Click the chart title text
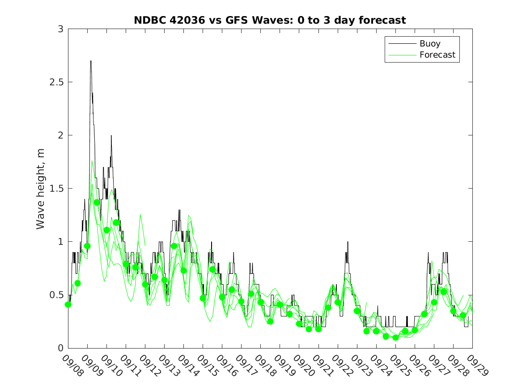coord(270,20)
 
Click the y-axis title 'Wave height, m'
coord(41,189)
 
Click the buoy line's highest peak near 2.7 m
coord(91,61)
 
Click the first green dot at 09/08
coord(68,305)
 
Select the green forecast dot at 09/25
coord(395,337)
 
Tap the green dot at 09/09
coord(87,246)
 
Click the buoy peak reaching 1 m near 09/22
coord(348,242)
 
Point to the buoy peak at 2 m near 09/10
coord(111,136)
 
